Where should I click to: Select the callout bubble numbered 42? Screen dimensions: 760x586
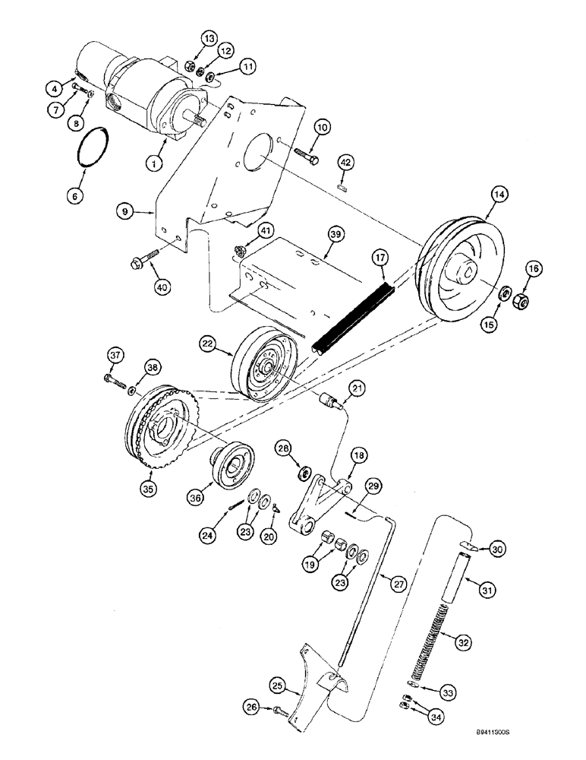point(345,161)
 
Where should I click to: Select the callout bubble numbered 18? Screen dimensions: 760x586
point(359,455)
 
